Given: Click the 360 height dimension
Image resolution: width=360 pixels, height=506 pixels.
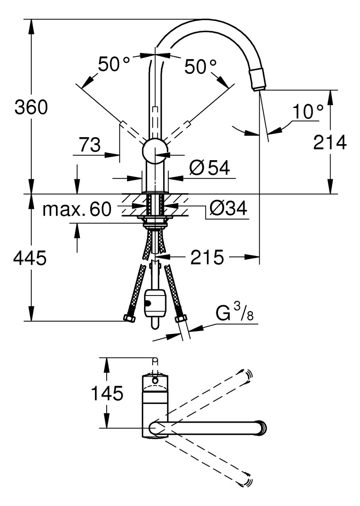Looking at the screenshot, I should pos(31,107).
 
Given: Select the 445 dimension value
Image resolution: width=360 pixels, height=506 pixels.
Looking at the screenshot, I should pos(30,259).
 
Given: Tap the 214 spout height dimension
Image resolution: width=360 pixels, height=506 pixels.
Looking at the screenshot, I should pos(330,142).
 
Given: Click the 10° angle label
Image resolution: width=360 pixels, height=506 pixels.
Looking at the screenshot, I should pos(308,112).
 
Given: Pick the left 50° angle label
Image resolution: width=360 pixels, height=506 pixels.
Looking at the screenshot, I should pos(114,65).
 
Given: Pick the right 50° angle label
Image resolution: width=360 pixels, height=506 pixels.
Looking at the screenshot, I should pos(200,66).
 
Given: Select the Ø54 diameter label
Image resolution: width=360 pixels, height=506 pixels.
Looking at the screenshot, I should pos(209,168).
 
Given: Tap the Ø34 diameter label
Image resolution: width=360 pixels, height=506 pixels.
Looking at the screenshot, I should pos(228,209).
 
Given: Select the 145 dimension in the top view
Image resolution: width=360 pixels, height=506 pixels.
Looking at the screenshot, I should pos(107,394).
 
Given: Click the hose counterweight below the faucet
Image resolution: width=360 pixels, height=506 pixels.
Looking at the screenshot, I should pos(154,304).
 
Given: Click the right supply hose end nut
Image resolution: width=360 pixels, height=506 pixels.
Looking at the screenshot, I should pos(180,320).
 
